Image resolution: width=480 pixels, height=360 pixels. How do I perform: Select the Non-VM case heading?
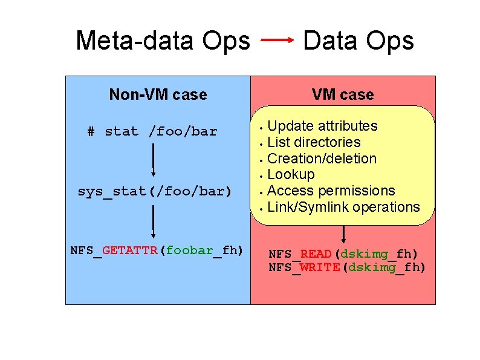click(x=158, y=94)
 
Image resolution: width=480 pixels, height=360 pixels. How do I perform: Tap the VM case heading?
click(x=343, y=94)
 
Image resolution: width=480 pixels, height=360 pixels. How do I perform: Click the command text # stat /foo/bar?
click(x=152, y=131)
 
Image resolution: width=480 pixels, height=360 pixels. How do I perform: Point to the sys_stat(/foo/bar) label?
click(x=155, y=192)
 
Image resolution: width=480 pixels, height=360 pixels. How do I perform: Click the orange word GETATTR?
click(x=131, y=250)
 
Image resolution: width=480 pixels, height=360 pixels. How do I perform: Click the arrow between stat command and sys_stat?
click(x=154, y=160)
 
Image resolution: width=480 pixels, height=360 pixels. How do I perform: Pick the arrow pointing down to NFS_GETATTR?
click(x=154, y=221)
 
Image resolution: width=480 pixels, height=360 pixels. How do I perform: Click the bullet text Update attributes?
click(x=322, y=126)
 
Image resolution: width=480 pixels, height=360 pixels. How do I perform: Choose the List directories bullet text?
click(x=314, y=142)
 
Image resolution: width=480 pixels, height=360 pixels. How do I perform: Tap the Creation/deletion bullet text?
click(x=322, y=159)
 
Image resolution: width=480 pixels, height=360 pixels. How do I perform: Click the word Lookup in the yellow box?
click(x=291, y=175)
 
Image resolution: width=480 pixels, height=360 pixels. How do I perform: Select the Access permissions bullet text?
click(x=331, y=191)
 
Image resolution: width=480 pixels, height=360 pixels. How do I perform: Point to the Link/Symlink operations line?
click(x=343, y=207)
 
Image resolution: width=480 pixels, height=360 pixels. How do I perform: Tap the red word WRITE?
click(x=320, y=267)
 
